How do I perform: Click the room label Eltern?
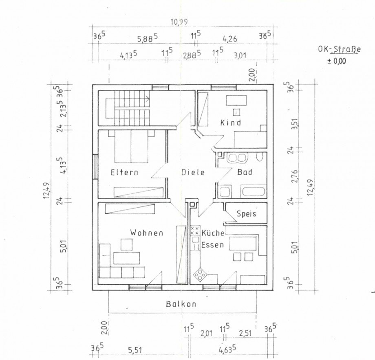(124, 172)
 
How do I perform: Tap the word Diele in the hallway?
(193, 172)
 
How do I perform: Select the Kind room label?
(231, 123)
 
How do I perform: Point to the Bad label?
(245, 172)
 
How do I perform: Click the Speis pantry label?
(246, 213)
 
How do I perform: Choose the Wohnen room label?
(147, 233)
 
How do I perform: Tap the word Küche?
(213, 233)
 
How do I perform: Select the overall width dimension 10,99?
(179, 22)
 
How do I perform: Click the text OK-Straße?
(339, 49)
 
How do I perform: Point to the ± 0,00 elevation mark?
(337, 61)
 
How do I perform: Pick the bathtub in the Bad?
(253, 191)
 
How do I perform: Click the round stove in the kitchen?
(200, 274)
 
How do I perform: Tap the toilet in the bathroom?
(259, 157)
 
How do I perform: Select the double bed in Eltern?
(131, 146)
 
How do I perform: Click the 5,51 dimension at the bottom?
(135, 351)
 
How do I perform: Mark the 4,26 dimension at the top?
(230, 39)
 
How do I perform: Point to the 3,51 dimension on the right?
(296, 124)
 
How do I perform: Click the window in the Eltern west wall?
(95, 167)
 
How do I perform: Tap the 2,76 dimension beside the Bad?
(296, 176)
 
